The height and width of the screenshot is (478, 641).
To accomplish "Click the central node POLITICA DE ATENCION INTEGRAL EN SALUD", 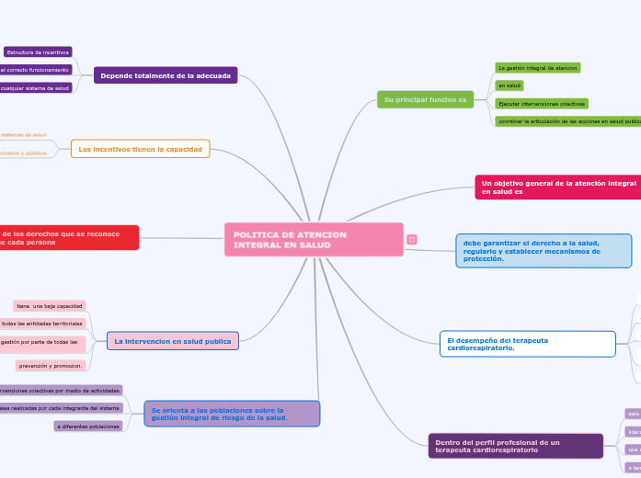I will click(x=314, y=240).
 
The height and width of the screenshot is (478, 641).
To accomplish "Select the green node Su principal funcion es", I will click(x=425, y=98).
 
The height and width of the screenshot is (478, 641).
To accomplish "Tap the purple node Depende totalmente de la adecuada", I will click(x=166, y=75).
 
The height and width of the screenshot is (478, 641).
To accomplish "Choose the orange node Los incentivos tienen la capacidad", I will click(x=140, y=148).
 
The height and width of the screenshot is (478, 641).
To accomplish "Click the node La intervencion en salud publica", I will click(x=173, y=341).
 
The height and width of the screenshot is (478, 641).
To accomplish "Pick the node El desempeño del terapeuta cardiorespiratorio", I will click(x=527, y=344).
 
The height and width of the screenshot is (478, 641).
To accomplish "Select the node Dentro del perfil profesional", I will click(x=516, y=446).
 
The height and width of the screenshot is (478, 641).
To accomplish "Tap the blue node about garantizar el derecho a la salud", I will click(x=544, y=251).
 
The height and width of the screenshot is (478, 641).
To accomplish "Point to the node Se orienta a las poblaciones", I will click(x=232, y=414).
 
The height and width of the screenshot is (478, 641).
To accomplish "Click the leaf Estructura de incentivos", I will click(x=38, y=52).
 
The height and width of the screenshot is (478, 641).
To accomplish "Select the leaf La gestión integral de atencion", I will click(x=537, y=68).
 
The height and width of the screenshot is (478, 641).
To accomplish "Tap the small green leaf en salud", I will click(x=509, y=85).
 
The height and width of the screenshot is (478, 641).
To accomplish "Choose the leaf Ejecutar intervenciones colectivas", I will click(x=541, y=104).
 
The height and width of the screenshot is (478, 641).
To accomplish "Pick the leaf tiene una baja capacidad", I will click(x=50, y=305).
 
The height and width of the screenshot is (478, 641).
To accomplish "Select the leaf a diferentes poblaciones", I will click(x=88, y=427).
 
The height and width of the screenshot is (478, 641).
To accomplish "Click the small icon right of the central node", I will click(x=412, y=240).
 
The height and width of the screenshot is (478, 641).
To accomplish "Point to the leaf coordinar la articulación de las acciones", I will click(x=567, y=121).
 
